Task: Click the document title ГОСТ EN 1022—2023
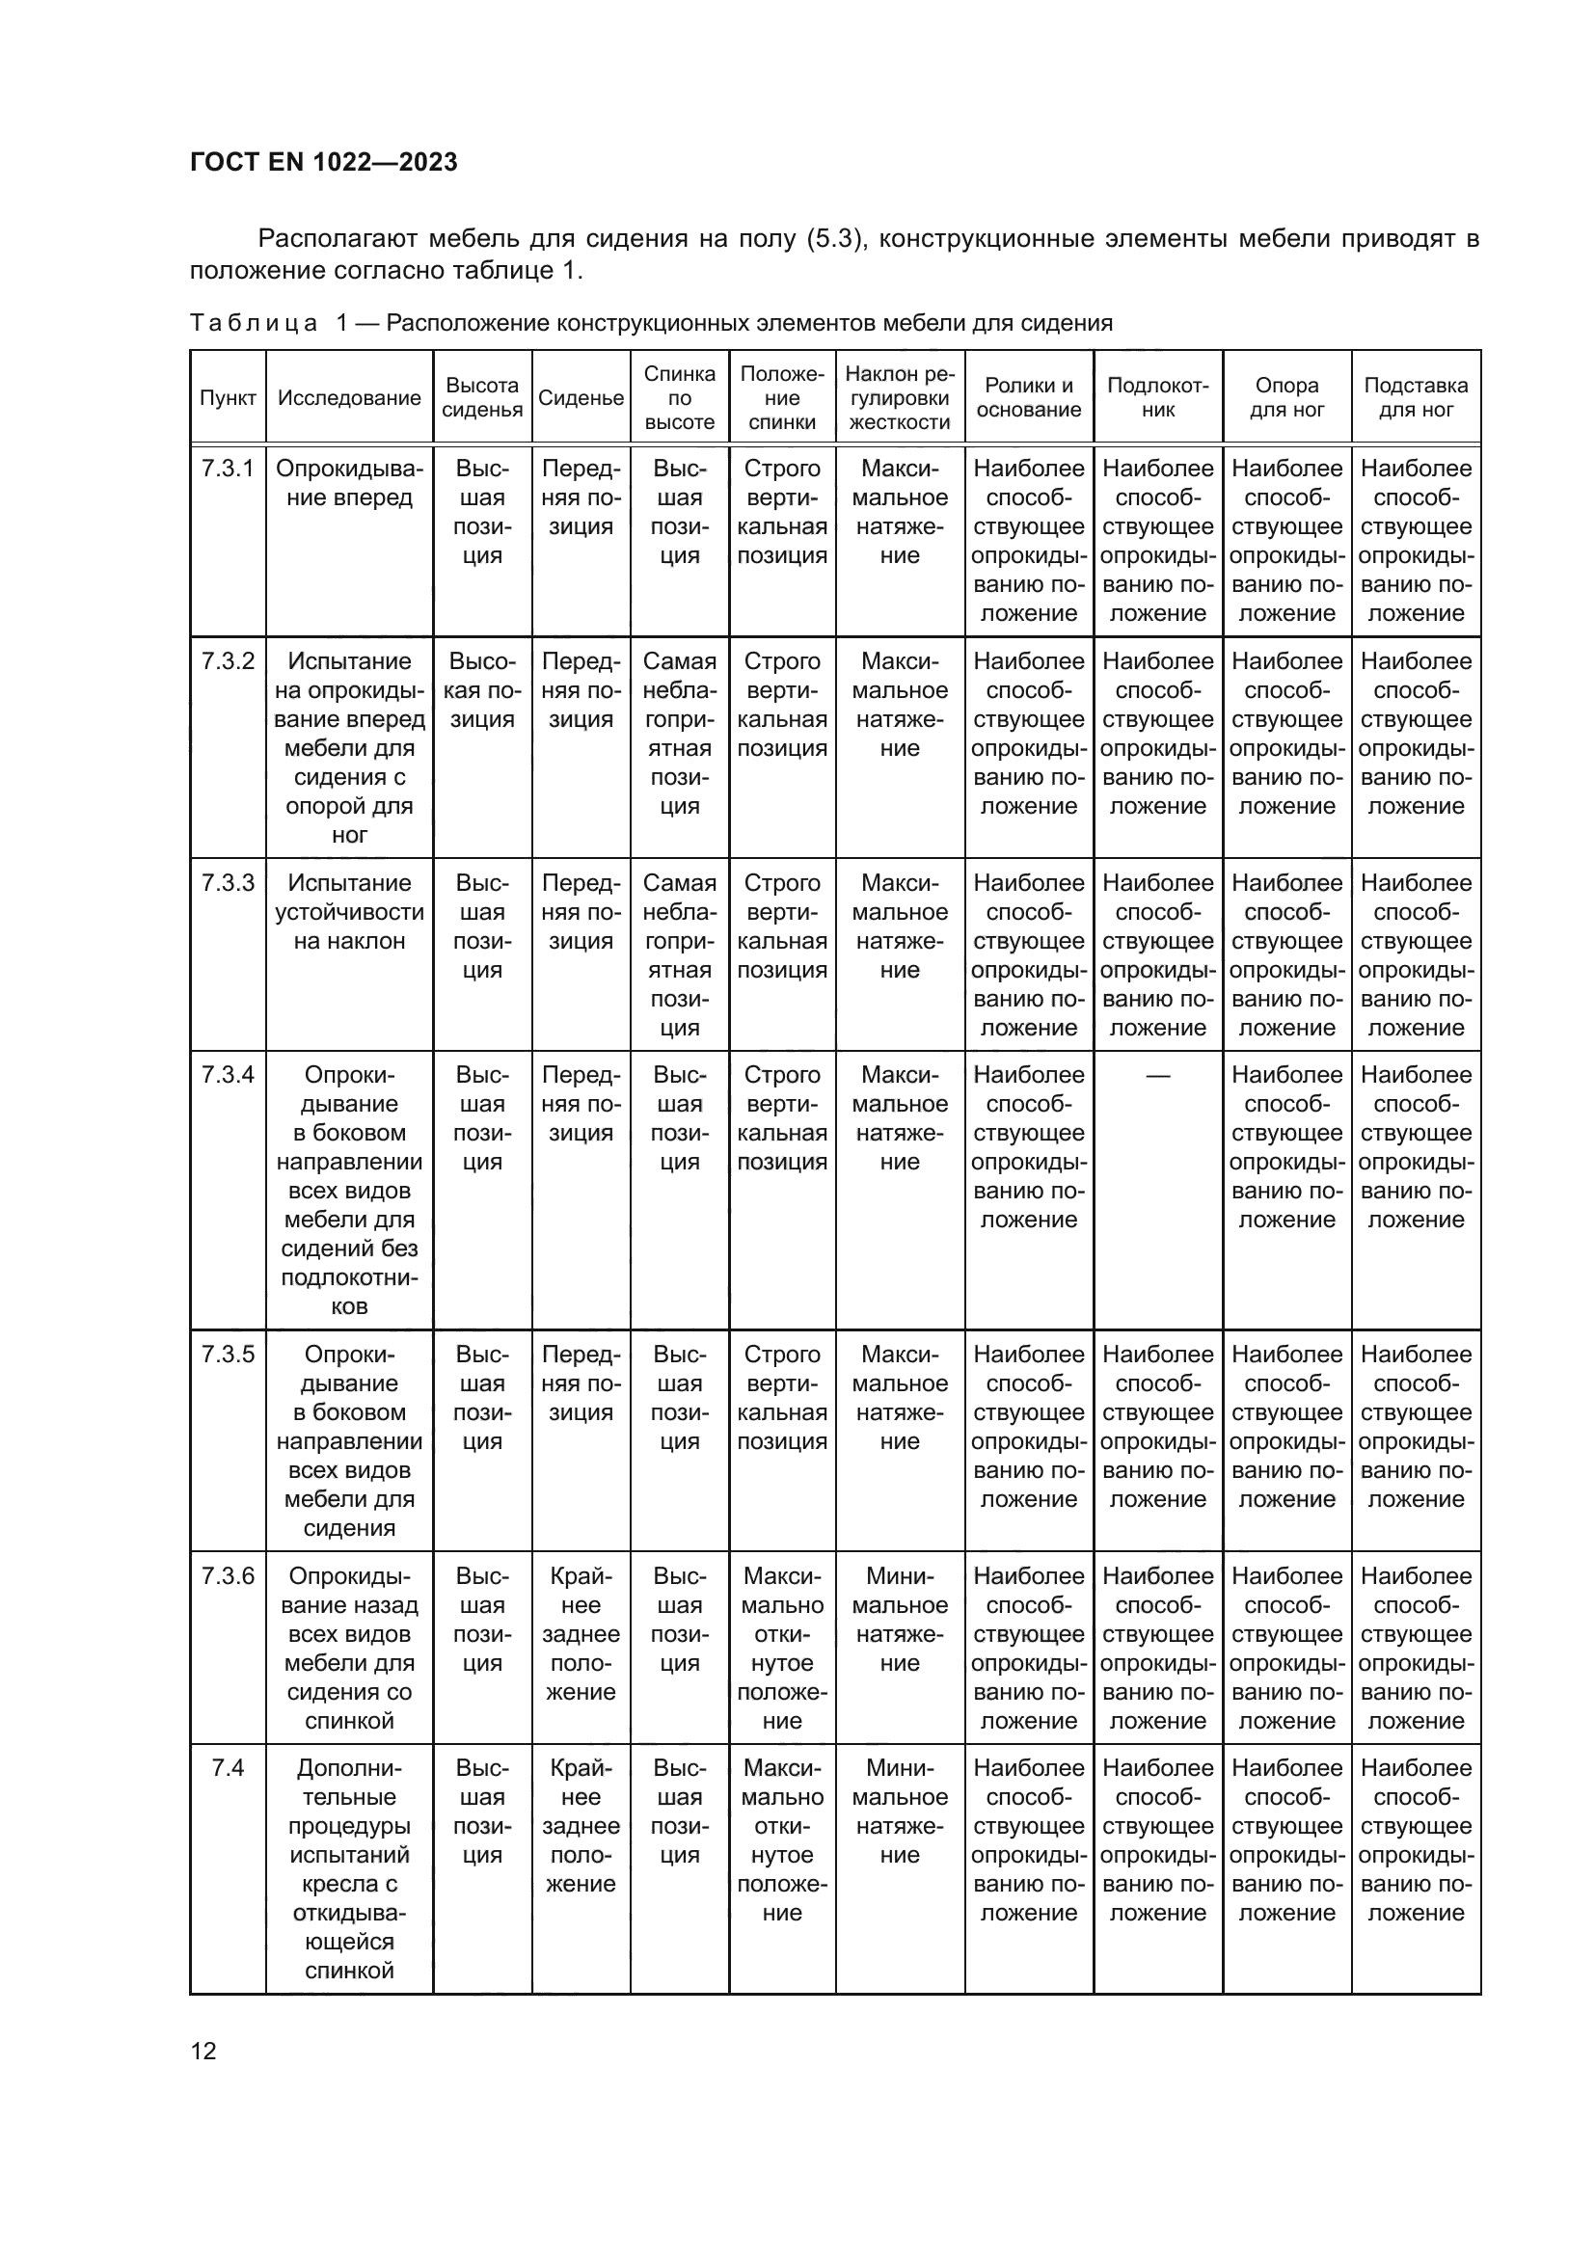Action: coord(323,163)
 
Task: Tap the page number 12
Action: coord(203,2051)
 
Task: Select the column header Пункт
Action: coord(228,398)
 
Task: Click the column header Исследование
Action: coord(350,398)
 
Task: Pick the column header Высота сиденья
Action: coord(482,398)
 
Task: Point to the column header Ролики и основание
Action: coord(1028,398)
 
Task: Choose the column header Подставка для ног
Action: coord(1416,398)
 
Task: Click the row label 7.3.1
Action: coord(228,470)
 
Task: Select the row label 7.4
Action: coord(228,1769)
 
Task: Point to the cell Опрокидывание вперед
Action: coord(350,483)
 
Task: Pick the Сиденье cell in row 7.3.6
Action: coord(581,1634)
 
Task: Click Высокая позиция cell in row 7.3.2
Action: coord(482,690)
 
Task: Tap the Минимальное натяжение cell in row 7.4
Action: coord(900,1812)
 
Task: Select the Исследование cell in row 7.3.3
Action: coord(350,912)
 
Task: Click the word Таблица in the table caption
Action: coord(254,323)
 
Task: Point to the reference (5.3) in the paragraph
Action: coord(834,239)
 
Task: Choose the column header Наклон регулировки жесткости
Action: coord(900,398)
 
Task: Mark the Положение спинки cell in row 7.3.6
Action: coord(782,1649)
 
